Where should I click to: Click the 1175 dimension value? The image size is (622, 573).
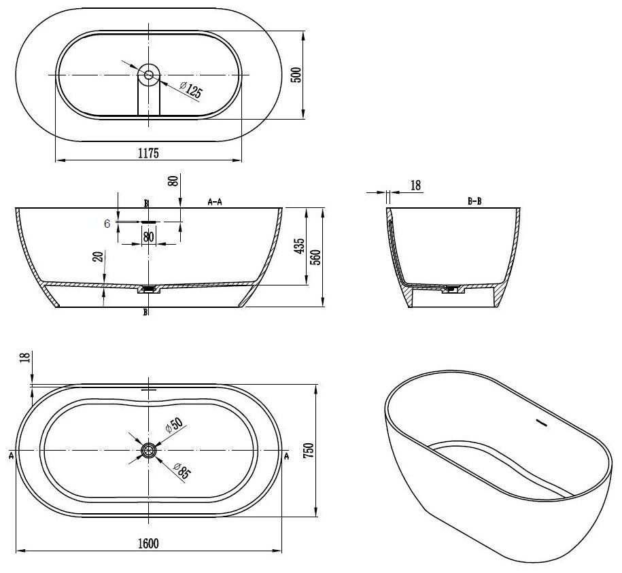click(148, 153)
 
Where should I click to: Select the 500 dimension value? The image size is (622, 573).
click(296, 75)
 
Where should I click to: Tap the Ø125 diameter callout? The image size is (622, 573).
click(190, 90)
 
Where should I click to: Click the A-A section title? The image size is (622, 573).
click(215, 202)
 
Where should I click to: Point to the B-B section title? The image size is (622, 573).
click(474, 201)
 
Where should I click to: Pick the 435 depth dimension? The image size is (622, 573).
click(300, 246)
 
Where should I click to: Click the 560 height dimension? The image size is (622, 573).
click(316, 258)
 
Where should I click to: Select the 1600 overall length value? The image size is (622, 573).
click(148, 543)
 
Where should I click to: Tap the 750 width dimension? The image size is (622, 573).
click(308, 451)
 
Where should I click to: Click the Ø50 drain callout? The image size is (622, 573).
click(174, 425)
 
